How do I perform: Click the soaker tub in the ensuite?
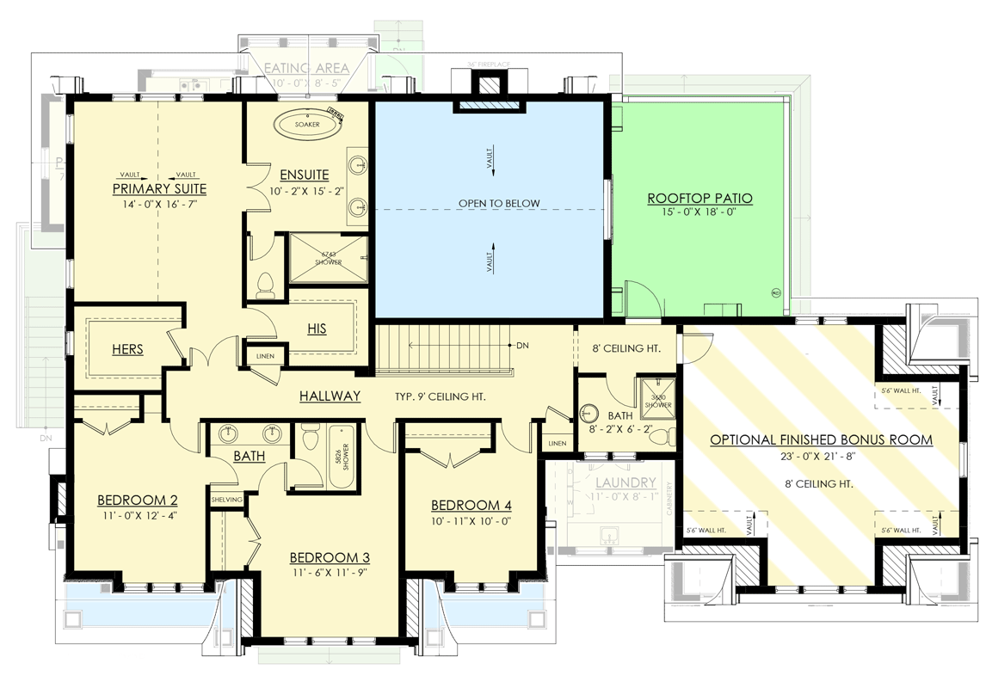[307, 124]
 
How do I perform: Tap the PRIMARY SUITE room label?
[159, 189]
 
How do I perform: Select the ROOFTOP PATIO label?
[699, 199]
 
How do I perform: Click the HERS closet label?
[127, 349]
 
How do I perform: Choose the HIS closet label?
[317, 329]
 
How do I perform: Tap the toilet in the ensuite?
[266, 285]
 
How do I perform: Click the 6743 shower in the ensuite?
[328, 258]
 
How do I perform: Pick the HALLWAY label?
[330, 396]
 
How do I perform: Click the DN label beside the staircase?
[522, 346]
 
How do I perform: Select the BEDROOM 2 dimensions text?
[138, 516]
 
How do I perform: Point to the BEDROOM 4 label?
[471, 505]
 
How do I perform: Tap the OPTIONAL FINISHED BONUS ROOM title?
[821, 439]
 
